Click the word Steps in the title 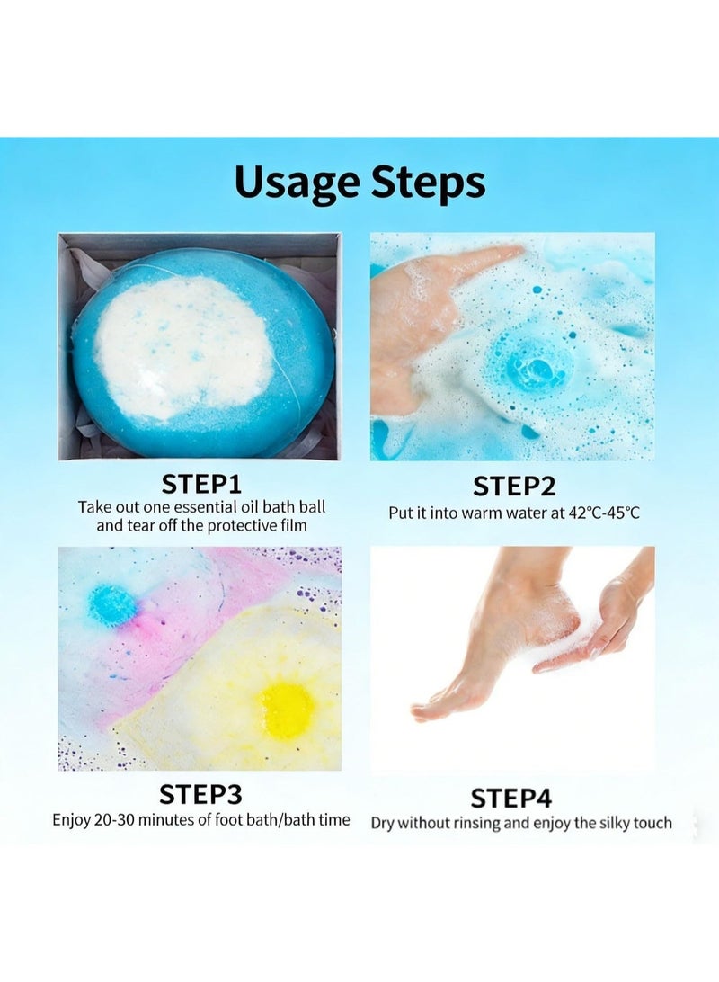[x=428, y=183]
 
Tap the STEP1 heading [x=200, y=484]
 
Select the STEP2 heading [x=514, y=487]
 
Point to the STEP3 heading [x=200, y=795]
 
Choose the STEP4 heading [x=511, y=799]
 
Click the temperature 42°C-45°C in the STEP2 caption [x=604, y=513]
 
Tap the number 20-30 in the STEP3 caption [x=114, y=820]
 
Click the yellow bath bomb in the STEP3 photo [x=287, y=709]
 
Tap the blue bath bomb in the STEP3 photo [x=111, y=605]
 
